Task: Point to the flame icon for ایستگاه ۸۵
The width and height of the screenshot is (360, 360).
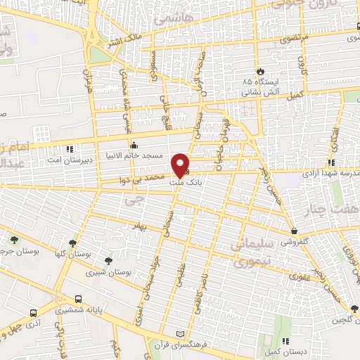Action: click(x=262, y=71)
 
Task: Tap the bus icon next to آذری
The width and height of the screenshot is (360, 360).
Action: click(x=32, y=314)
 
